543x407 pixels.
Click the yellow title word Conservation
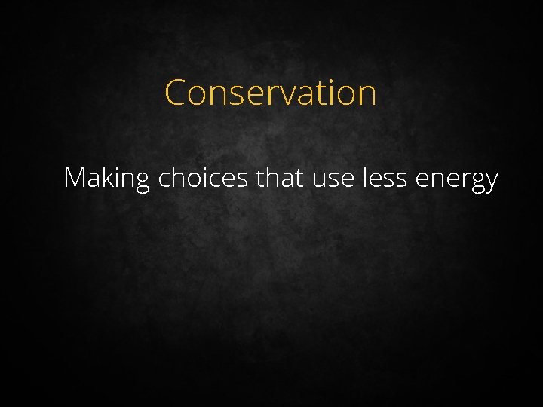click(270, 93)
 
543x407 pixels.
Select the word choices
click(203, 179)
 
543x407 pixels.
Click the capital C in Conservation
click(175, 93)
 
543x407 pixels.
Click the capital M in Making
click(75, 178)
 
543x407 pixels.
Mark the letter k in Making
click(108, 178)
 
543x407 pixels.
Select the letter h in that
click(272, 178)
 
